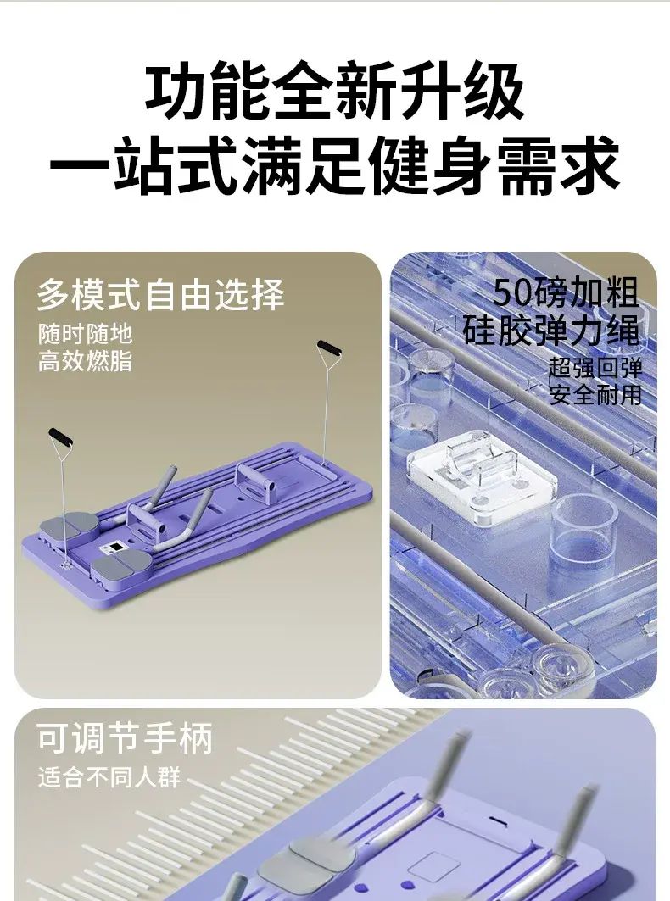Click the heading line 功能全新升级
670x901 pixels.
tap(335, 91)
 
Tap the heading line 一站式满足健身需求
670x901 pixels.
tap(335, 164)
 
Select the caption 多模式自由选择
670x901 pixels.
tap(160, 295)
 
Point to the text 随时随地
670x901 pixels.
tap(86, 334)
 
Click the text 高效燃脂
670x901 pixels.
tap(86, 361)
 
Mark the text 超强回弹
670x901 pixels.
tap(595, 368)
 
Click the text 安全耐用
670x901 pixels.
tap(595, 395)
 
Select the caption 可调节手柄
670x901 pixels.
tap(125, 738)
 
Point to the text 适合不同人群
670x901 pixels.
tap(109, 777)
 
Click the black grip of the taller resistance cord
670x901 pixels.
tap(329, 348)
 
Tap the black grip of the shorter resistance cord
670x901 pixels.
tap(60, 437)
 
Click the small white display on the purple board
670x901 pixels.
tap(114, 548)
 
